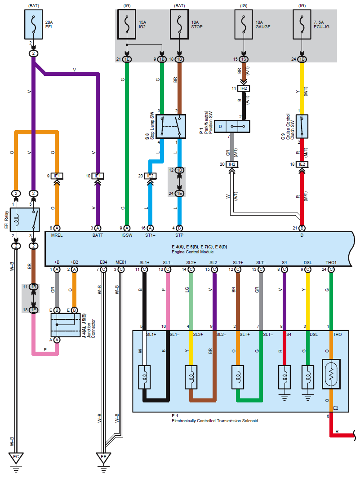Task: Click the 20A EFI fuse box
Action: [x=33, y=25]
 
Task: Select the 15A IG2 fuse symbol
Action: [x=128, y=25]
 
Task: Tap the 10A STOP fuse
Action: [x=179, y=25]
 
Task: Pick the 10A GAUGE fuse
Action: [x=243, y=25]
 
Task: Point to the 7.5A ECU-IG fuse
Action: [x=302, y=25]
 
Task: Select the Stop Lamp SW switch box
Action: [x=171, y=126]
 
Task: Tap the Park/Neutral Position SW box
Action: [x=232, y=127]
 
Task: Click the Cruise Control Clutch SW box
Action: [x=302, y=127]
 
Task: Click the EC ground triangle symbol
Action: [x=16, y=458]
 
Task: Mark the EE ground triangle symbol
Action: [x=103, y=458]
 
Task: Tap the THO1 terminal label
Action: [x=331, y=262]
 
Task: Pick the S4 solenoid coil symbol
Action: [x=284, y=373]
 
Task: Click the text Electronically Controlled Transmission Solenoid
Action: [x=215, y=421]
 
